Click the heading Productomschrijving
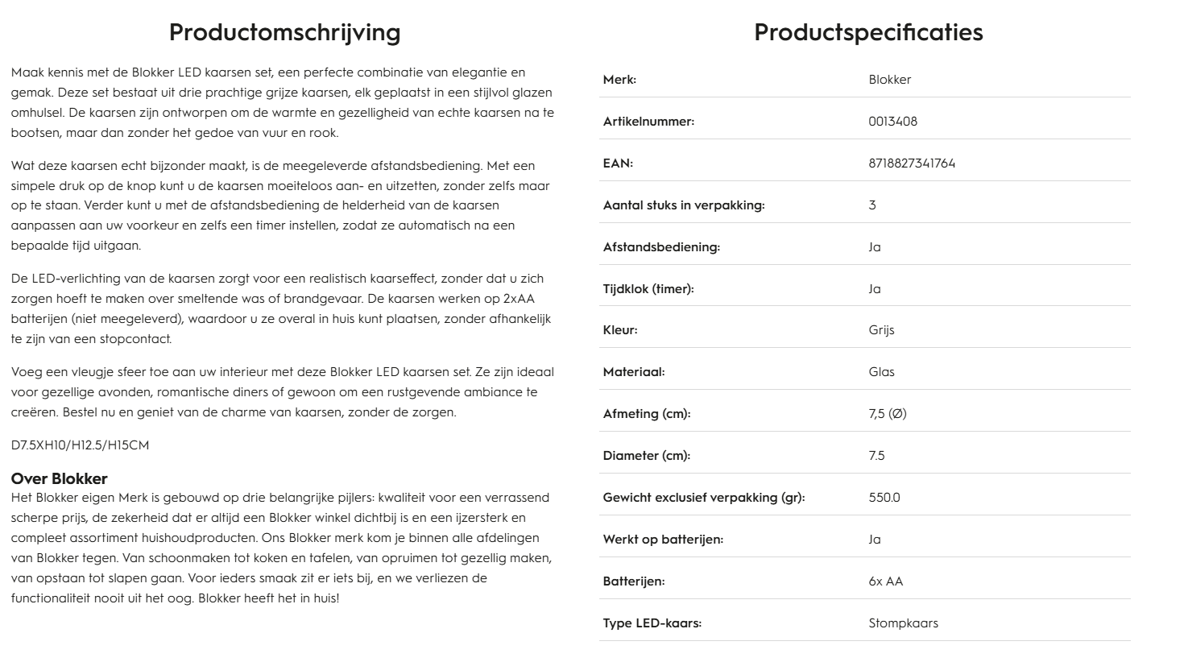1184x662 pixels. [284, 32]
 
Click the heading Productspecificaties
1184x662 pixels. [868, 32]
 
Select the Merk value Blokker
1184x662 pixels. [890, 80]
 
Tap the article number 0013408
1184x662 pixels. [892, 122]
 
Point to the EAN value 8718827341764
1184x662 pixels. [912, 163]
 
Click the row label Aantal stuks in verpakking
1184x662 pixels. [684, 205]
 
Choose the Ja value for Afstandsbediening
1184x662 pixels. [875, 247]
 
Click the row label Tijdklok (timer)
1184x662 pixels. [648, 289]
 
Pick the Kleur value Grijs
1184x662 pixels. [881, 330]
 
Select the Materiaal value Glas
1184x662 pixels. [881, 372]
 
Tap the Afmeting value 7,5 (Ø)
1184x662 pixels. [888, 414]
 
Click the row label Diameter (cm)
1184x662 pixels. [647, 456]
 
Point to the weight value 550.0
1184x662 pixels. [884, 498]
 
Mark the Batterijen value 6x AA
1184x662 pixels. [886, 581]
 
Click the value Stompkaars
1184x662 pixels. [903, 623]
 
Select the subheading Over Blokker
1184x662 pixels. [59, 479]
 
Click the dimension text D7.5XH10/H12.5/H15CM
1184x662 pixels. [80, 445]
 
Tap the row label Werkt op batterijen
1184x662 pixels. [663, 540]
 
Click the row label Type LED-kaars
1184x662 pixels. [652, 623]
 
